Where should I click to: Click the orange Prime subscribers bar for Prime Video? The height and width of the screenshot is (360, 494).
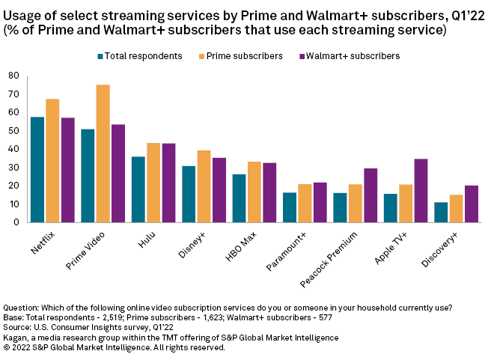pyautogui.click(x=103, y=153)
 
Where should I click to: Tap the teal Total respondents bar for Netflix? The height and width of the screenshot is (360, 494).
pyautogui.click(x=37, y=169)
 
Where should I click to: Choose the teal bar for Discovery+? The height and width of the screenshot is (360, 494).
pyautogui.click(x=441, y=212)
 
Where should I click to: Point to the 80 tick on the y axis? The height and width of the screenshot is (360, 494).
pyautogui.click(x=13, y=76)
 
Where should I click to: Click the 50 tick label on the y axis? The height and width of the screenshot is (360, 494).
pyautogui.click(x=13, y=130)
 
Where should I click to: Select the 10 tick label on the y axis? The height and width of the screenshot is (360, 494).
pyautogui.click(x=13, y=204)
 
